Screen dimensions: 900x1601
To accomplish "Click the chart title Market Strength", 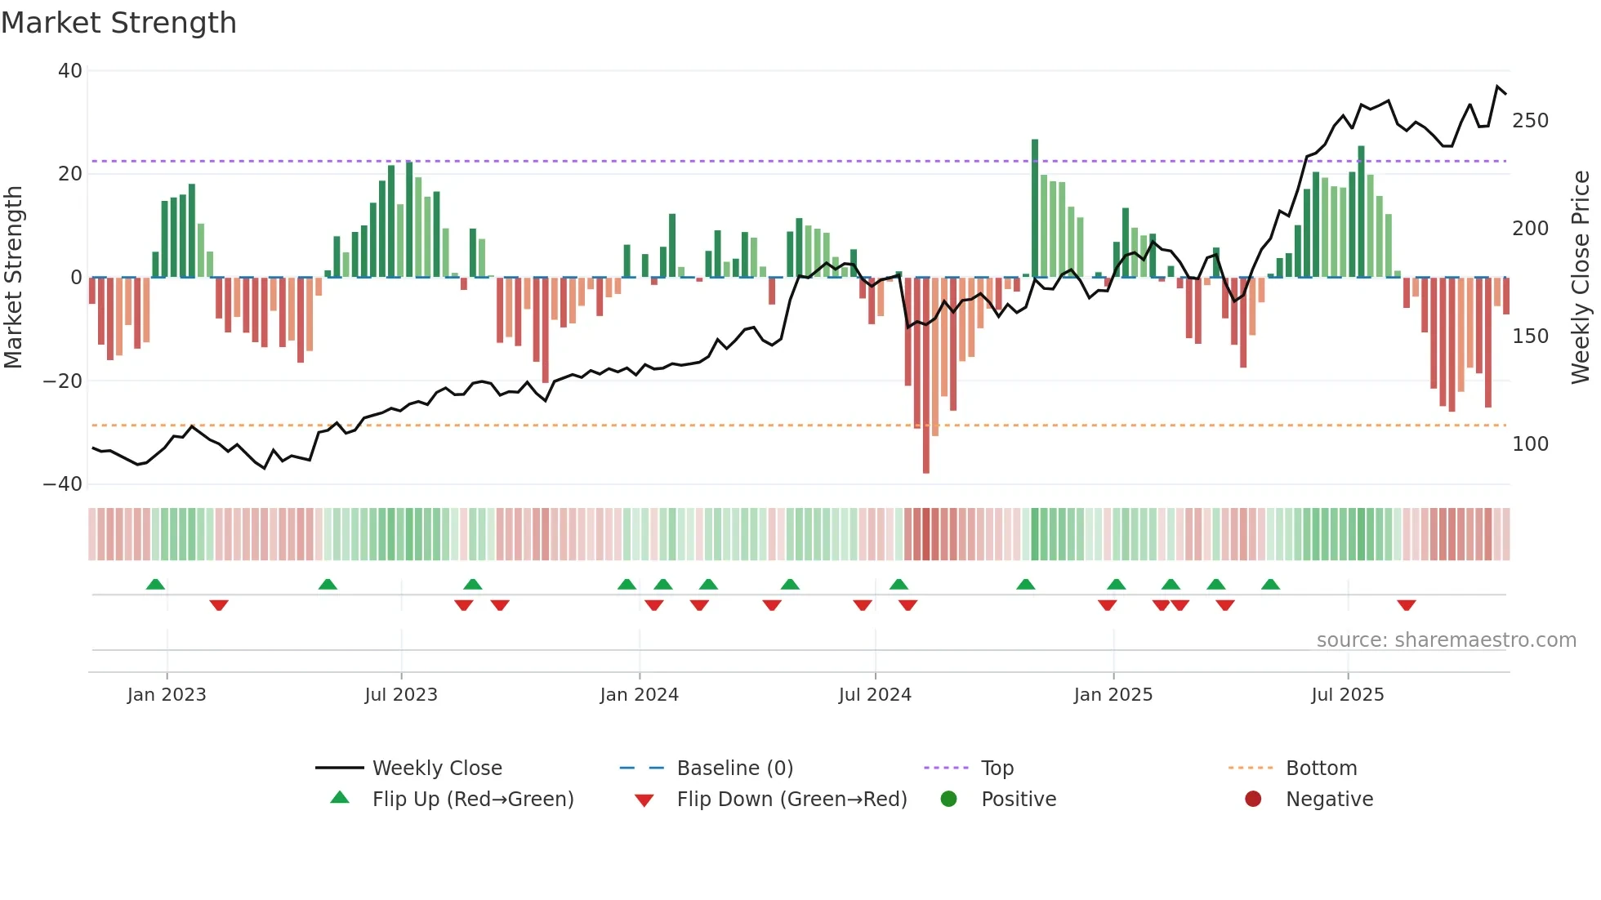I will pyautogui.click(x=118, y=23).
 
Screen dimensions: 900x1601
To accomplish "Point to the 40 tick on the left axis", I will pyautogui.click(x=70, y=71).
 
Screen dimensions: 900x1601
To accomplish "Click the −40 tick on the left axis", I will pyautogui.click(x=63, y=484).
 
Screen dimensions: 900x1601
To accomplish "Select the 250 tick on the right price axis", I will pyautogui.click(x=1530, y=121).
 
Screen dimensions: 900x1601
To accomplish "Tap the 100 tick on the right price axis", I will pyautogui.click(x=1530, y=444).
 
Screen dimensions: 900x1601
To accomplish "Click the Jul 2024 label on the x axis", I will pyautogui.click(x=875, y=695).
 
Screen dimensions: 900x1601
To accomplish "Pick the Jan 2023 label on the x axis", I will pyautogui.click(x=167, y=695).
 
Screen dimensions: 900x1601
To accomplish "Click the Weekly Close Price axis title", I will pyautogui.click(x=1581, y=278).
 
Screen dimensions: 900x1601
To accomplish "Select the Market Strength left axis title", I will pyautogui.click(x=14, y=278).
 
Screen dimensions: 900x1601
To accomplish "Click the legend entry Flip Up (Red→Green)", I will pyautogui.click(x=472, y=799).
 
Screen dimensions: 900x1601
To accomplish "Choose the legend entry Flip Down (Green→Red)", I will pyautogui.click(x=791, y=799).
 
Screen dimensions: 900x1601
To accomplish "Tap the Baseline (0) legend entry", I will pyautogui.click(x=734, y=769).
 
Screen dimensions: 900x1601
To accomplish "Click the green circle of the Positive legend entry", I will pyautogui.click(x=948, y=799).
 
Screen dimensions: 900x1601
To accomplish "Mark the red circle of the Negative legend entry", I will pyautogui.click(x=1253, y=799).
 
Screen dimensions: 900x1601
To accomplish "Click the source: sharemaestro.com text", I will pyautogui.click(x=1446, y=640).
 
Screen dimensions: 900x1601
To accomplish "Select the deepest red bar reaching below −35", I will pyautogui.click(x=925, y=376).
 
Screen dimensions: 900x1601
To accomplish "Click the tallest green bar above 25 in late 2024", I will pyautogui.click(x=1035, y=208).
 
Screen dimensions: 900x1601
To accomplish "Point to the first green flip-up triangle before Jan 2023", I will pyautogui.click(x=155, y=584).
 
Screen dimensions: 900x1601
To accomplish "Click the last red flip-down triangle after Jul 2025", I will pyautogui.click(x=1406, y=605).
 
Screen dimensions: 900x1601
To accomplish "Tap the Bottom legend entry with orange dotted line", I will pyautogui.click(x=1320, y=769).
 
